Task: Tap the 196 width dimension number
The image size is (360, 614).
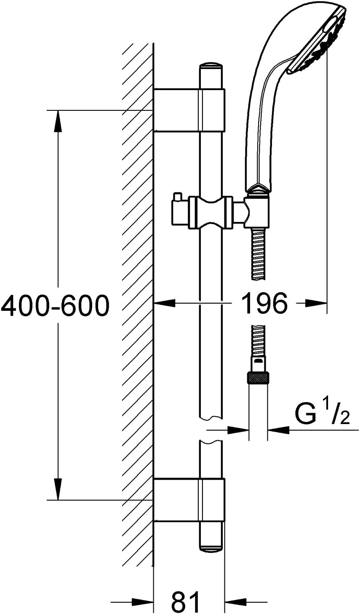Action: (x=265, y=303)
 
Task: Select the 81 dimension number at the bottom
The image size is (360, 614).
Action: (x=186, y=602)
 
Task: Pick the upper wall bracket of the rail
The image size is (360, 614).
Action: (x=189, y=110)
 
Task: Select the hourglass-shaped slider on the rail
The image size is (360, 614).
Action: (x=211, y=211)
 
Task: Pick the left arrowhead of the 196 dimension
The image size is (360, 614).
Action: (x=164, y=303)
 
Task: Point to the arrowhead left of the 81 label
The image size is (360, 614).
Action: (x=142, y=602)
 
